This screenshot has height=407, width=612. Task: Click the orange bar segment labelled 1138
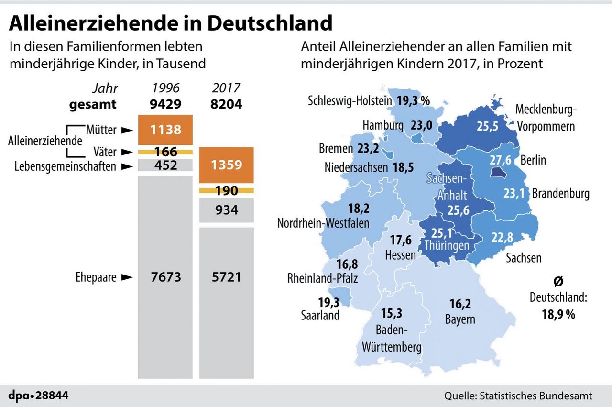pos(165,130)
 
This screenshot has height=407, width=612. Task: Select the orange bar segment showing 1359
pos(226,165)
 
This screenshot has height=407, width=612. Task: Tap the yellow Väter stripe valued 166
pos(165,152)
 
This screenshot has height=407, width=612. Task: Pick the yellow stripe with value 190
pos(226,191)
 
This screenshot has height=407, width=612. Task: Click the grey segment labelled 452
pos(165,166)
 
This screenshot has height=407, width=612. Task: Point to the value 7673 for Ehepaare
pos(165,276)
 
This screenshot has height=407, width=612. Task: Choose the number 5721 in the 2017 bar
pos(226,276)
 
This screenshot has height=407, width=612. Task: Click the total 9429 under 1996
pos(165,104)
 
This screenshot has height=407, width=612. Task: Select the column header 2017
pos(226,88)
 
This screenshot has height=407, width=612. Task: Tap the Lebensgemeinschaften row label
pos(65,166)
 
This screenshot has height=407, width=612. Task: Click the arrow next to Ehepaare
pos(126,277)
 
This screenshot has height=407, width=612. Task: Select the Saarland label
pos(320,315)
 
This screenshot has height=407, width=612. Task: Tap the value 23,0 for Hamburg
pos(421,125)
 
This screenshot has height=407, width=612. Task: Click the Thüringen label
pos(446,245)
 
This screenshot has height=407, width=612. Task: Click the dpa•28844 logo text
pos(38,395)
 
